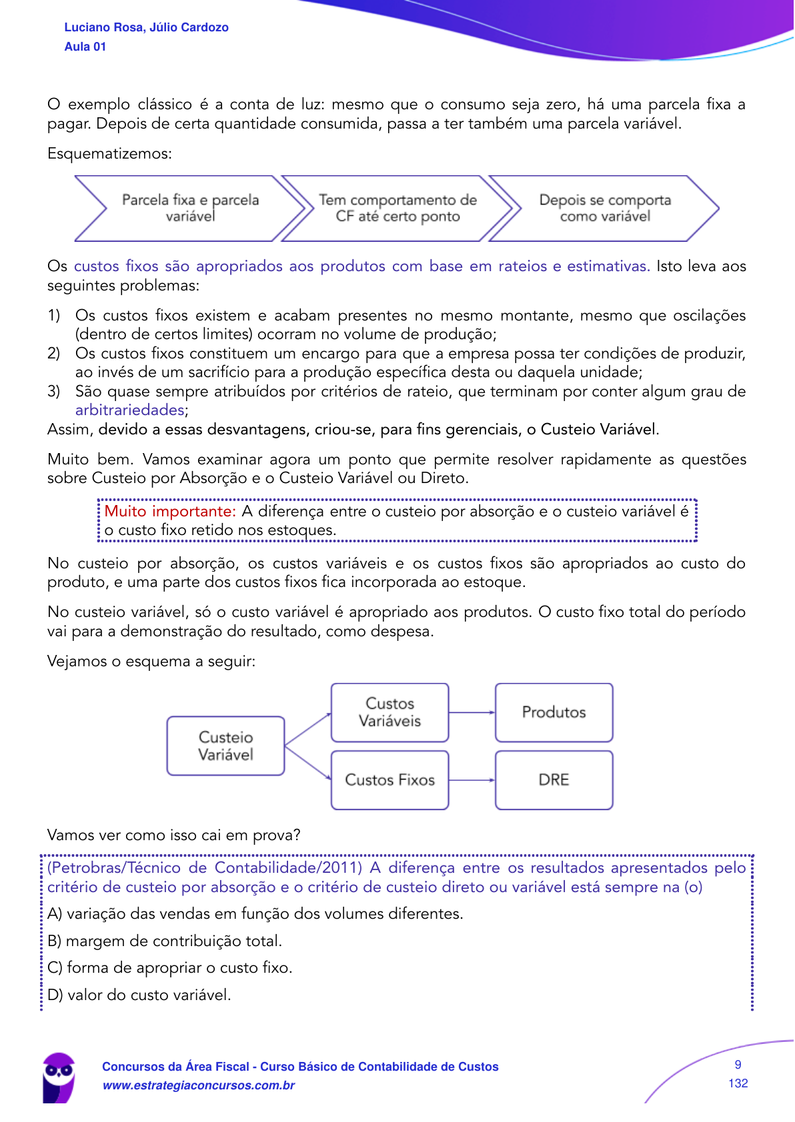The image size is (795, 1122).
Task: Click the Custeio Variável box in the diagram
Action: pos(225,746)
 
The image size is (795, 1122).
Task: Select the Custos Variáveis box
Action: pos(389,712)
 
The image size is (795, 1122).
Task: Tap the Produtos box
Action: pos(554,712)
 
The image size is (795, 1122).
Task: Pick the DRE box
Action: pos(554,780)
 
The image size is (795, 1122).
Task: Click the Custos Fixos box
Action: pos(389,780)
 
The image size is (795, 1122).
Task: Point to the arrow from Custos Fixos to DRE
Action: pos(472,780)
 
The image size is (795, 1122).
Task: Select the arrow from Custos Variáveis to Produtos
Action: pos(472,712)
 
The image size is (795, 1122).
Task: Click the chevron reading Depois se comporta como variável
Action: pos(604,208)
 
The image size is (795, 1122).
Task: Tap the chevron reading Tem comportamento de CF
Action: pos(397,208)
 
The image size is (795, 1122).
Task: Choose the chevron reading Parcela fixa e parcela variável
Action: pos(190,208)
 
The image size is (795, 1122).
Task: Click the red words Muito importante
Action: pos(170,511)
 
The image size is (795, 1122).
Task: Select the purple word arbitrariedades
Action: pos(129,410)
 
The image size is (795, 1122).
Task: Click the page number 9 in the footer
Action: pos(738,1065)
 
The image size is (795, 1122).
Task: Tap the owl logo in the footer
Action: pos(59,1077)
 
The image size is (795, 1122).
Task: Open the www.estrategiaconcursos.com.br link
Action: pos(198,1085)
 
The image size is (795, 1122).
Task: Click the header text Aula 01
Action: pos(85,47)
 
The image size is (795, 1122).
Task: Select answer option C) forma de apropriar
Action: pos(170,967)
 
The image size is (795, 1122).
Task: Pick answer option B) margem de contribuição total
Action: pos(165,941)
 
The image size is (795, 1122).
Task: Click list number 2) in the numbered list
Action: pos(54,353)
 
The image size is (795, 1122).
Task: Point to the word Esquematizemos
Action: pos(109,154)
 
